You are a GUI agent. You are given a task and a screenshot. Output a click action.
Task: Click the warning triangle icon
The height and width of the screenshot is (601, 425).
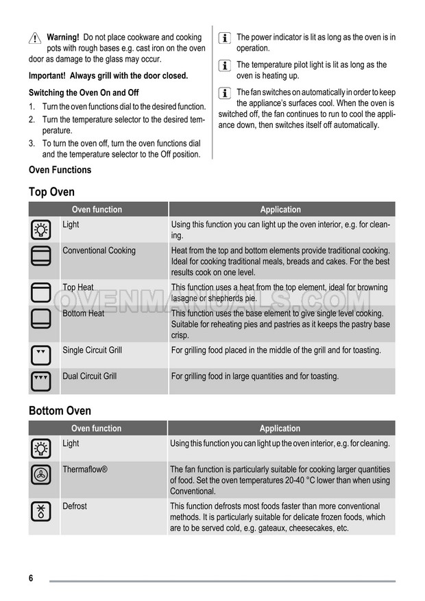pos(35,38)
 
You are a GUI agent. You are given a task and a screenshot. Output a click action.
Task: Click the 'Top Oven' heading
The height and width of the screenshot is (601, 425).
pos(51,192)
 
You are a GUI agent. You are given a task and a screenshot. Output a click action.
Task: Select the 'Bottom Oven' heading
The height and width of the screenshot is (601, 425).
pos(60,411)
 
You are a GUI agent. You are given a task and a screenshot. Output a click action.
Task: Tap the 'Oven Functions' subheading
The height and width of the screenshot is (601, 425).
pos(60,170)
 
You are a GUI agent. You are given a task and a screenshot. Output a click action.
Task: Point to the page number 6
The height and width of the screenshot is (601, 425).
pos(32,578)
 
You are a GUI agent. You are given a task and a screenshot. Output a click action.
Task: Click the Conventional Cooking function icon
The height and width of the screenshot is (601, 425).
pos(40,256)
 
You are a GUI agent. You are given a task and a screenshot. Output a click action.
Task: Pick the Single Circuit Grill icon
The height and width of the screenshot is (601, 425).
pos(40,355)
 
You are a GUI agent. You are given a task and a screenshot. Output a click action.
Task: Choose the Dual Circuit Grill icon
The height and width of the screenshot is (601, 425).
pos(40,381)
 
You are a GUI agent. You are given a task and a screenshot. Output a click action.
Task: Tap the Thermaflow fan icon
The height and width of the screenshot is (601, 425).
pos(40,474)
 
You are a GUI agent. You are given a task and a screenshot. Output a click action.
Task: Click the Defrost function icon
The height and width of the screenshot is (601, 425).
pos(40,511)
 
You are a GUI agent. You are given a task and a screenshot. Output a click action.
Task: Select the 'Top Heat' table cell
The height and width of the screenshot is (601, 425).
pos(78,287)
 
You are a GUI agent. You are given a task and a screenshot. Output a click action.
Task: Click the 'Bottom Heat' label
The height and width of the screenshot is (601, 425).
pos(84,314)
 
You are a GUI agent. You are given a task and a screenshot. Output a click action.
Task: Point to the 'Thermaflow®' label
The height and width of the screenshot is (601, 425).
pos(85,470)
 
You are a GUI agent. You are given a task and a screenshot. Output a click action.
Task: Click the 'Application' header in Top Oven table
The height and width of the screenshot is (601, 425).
pos(280,209)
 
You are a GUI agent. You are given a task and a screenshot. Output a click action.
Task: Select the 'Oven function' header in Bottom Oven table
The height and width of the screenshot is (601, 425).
pos(97,429)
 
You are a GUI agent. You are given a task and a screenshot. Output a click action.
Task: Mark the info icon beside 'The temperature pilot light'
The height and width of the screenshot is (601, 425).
pos(224,66)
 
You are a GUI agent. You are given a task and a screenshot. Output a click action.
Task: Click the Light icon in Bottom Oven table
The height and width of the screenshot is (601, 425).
pos(40,448)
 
